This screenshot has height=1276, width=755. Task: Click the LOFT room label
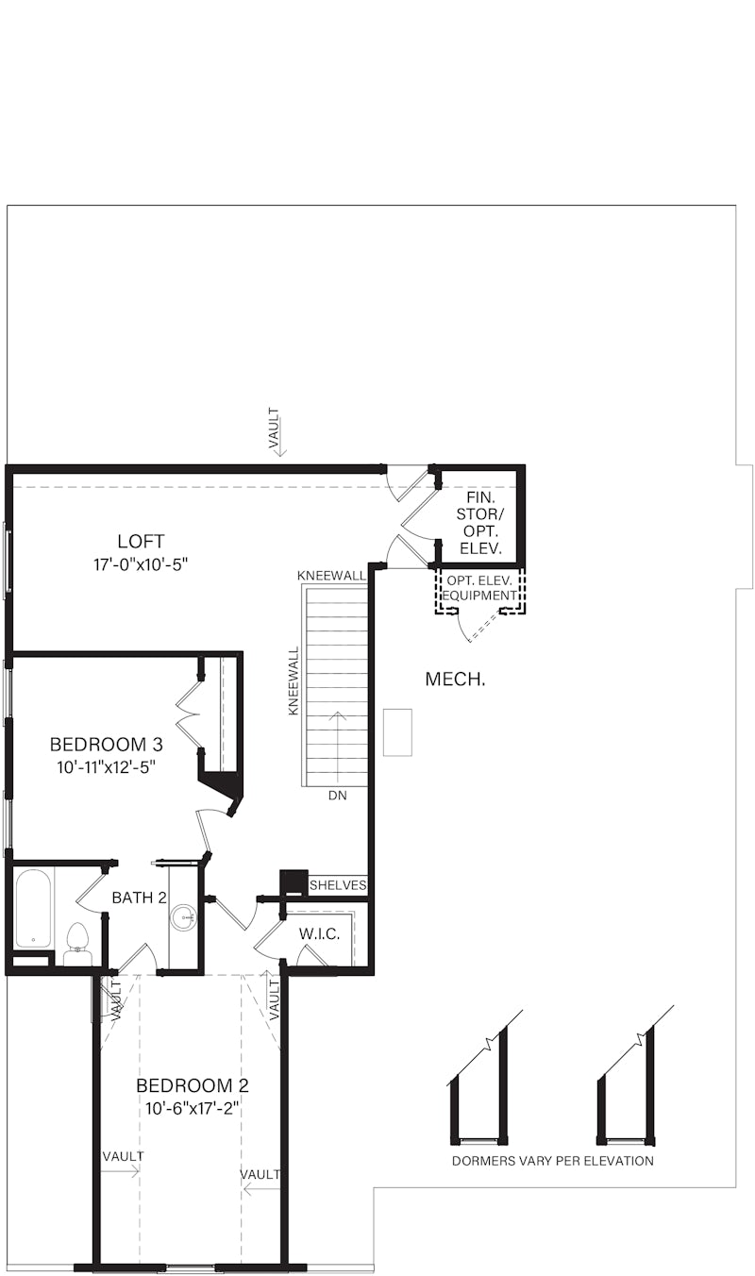pos(141,542)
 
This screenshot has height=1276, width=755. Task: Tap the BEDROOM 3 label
pos(106,744)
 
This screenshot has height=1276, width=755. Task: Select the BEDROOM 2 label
pos(192,1084)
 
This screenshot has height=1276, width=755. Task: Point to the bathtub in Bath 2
pos(33,907)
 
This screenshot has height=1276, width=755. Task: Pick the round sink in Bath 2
pos(183,916)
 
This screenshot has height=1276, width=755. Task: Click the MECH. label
pos(455,679)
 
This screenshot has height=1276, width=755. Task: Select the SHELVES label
pos(337,885)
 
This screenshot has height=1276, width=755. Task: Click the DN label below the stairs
pos(337,796)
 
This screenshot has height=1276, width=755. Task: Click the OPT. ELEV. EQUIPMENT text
pos(479,588)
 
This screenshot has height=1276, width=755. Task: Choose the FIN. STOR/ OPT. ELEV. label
pos(479,522)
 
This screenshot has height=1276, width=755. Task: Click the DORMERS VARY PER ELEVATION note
pos(552,1161)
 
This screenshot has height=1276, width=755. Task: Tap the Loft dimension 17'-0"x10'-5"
pos(141,565)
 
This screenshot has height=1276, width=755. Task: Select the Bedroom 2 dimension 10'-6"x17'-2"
pos(192,1108)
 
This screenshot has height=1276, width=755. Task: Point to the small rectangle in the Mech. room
pos(397,731)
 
